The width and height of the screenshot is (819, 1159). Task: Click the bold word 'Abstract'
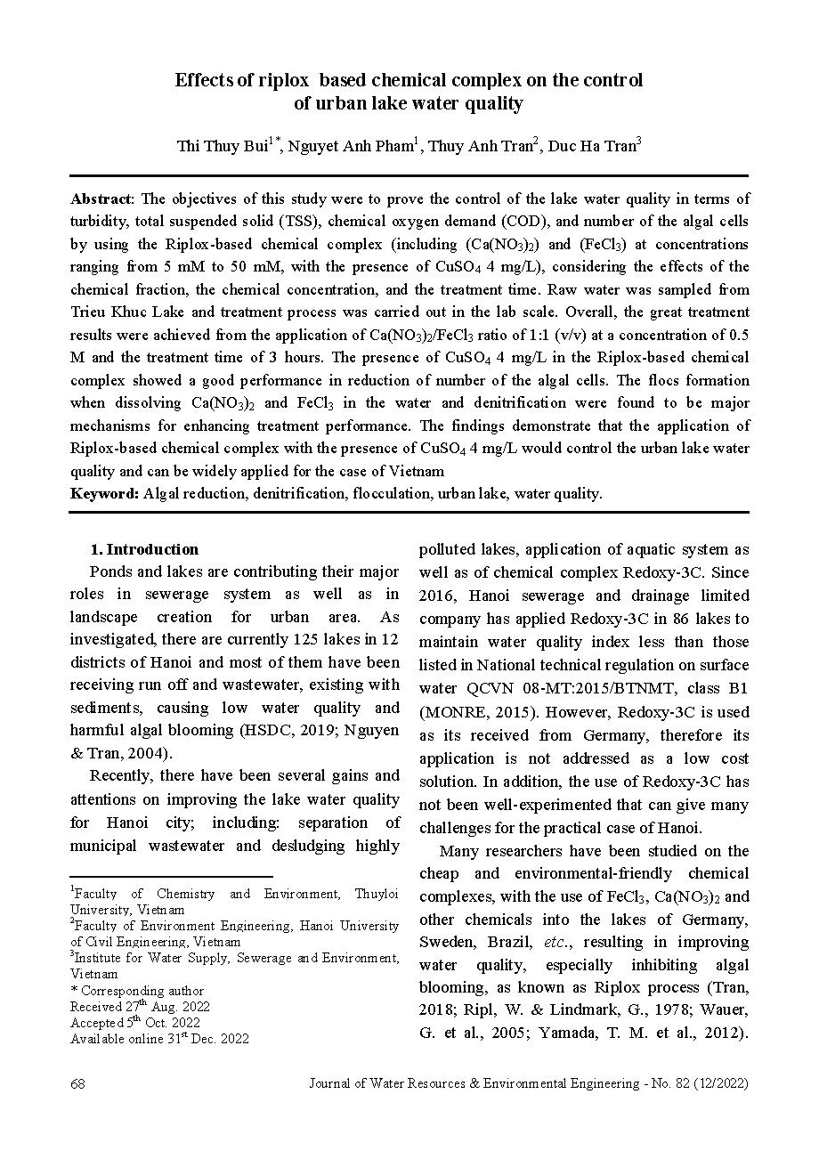(101, 199)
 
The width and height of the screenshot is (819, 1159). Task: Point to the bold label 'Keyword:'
(105, 493)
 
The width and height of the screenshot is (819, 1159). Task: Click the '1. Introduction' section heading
(145, 549)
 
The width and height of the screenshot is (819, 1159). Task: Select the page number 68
(77, 1083)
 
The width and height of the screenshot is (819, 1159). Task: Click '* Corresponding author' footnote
(137, 990)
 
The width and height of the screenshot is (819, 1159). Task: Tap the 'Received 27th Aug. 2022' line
(141, 1006)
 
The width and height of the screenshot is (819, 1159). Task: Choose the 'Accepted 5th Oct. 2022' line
(135, 1022)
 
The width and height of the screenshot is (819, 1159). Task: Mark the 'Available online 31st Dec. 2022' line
(160, 1038)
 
